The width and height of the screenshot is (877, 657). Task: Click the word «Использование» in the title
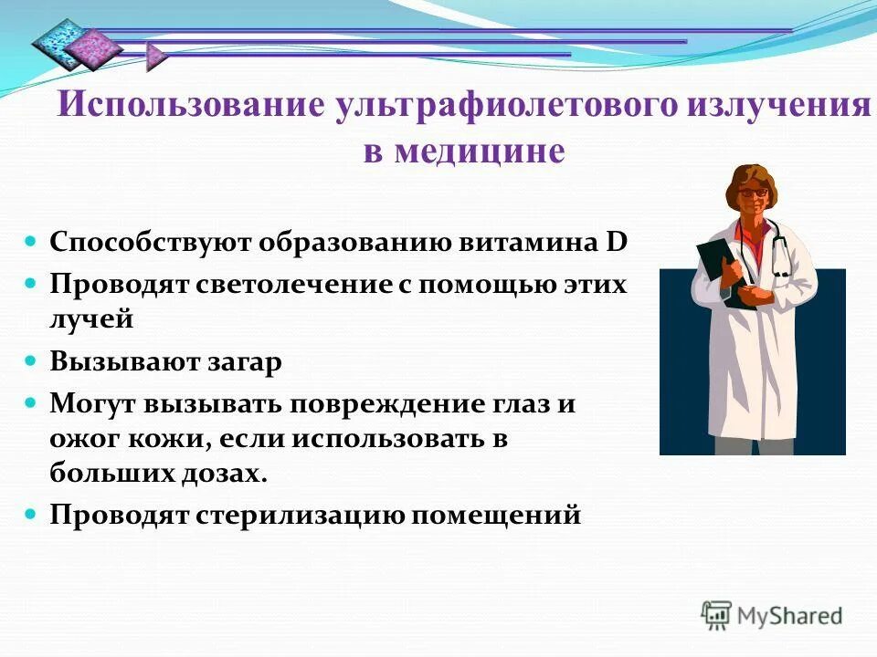tap(191, 103)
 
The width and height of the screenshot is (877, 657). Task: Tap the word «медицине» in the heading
tap(480, 150)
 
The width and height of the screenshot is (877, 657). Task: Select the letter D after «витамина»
tap(617, 242)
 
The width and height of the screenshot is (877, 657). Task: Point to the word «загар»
tap(245, 363)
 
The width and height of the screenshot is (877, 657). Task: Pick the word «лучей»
tap(91, 319)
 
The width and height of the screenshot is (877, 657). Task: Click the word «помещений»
tap(496, 515)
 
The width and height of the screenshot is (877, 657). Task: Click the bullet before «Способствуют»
tap(30, 242)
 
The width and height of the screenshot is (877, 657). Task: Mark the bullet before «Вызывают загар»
tap(30, 361)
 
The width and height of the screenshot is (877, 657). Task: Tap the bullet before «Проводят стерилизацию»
tap(30, 514)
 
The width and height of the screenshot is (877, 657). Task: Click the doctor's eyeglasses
tap(752, 193)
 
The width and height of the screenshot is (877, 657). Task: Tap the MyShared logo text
tap(789, 616)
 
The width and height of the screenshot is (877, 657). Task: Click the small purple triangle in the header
tap(155, 57)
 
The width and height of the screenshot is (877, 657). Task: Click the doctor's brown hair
tap(751, 180)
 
